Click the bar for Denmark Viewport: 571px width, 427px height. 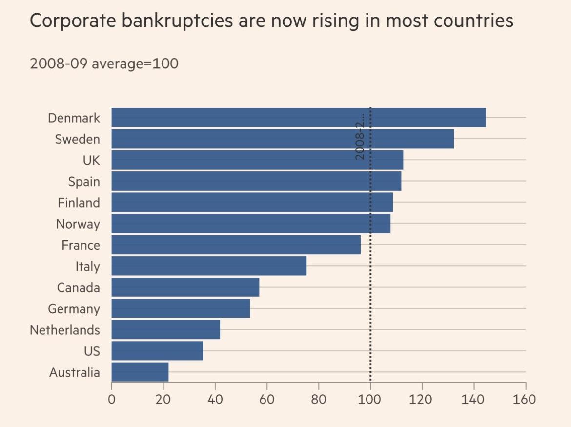click(x=298, y=118)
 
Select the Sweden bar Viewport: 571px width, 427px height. click(x=282, y=139)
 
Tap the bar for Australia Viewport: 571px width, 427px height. click(x=140, y=372)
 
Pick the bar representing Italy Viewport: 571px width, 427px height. click(x=209, y=266)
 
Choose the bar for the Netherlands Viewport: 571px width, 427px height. click(x=165, y=330)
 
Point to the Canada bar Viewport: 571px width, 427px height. click(x=185, y=287)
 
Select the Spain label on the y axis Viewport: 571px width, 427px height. click(x=83, y=182)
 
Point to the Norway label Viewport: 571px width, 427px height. click(x=78, y=224)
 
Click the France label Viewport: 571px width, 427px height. click(x=81, y=245)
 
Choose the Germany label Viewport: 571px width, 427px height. click(x=74, y=309)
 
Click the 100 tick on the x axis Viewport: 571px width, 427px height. click(x=370, y=399)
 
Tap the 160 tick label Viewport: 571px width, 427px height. click(x=525, y=399)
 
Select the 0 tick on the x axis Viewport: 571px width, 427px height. click(x=112, y=399)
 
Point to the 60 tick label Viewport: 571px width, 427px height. click(x=266, y=399)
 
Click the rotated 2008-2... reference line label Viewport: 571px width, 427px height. click(x=360, y=137)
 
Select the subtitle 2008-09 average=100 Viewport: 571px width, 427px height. click(x=104, y=64)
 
